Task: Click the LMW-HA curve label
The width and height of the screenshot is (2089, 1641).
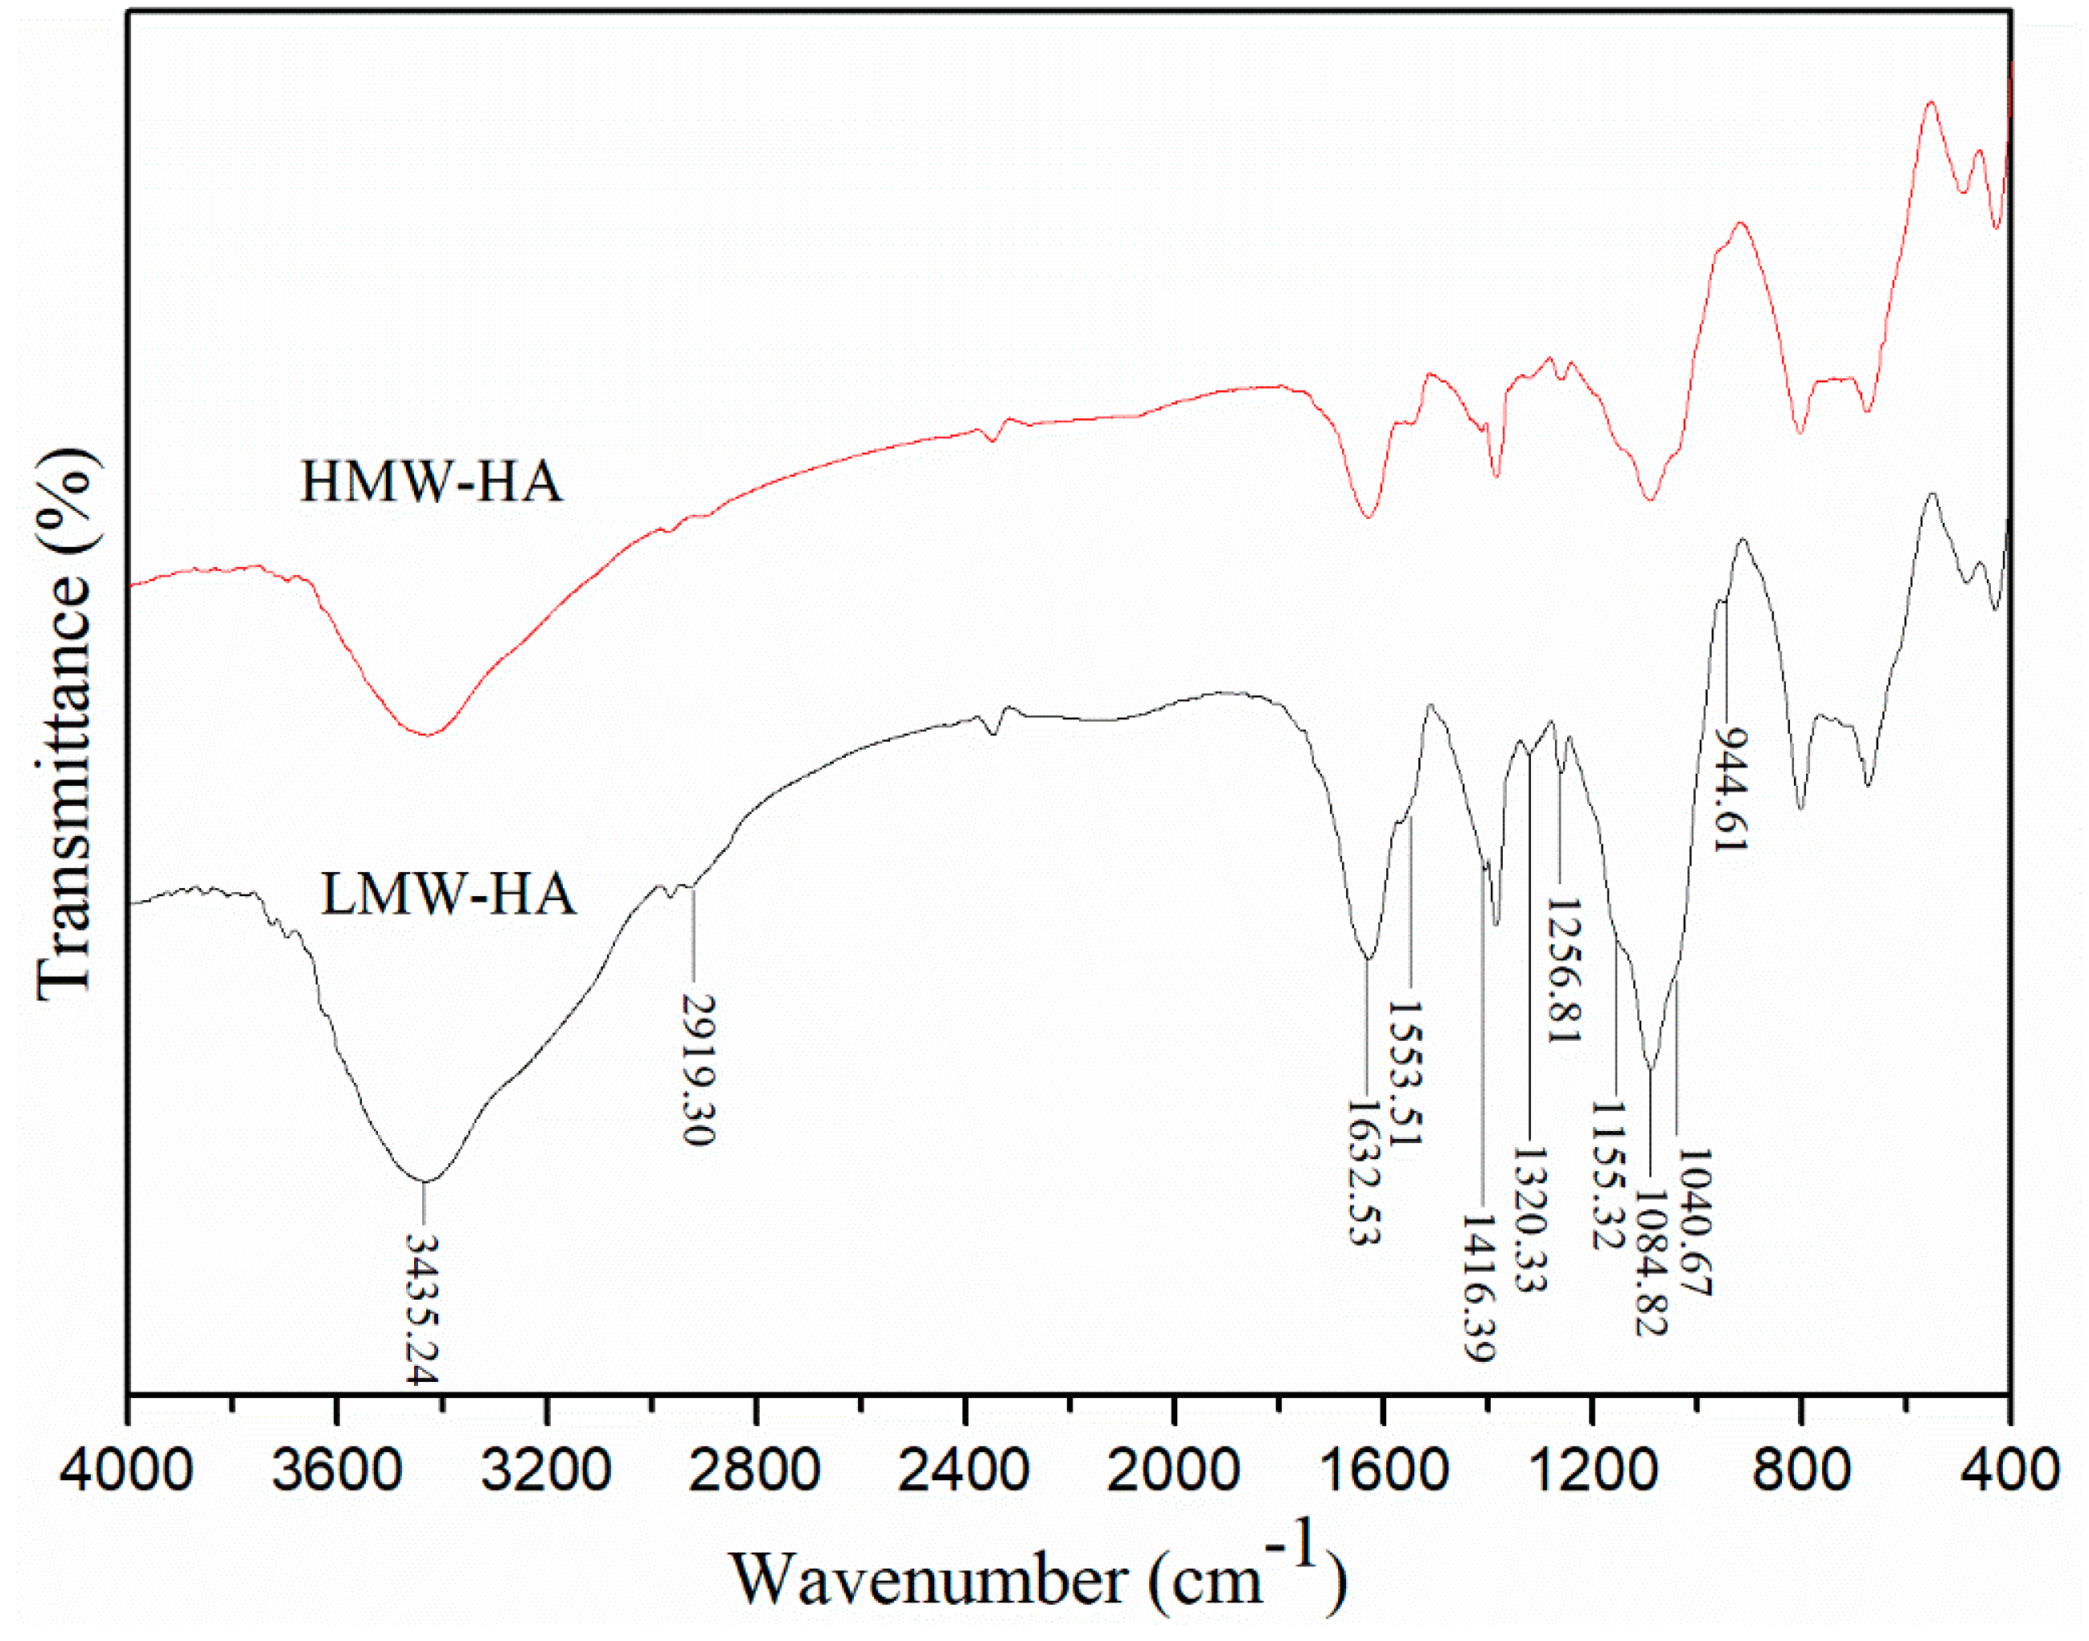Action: coord(448,895)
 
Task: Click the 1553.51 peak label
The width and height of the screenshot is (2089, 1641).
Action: coord(1404,1072)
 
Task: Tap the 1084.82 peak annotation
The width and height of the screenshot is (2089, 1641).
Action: coord(1651,1262)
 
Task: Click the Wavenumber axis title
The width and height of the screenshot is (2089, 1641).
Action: coord(1037,1577)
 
